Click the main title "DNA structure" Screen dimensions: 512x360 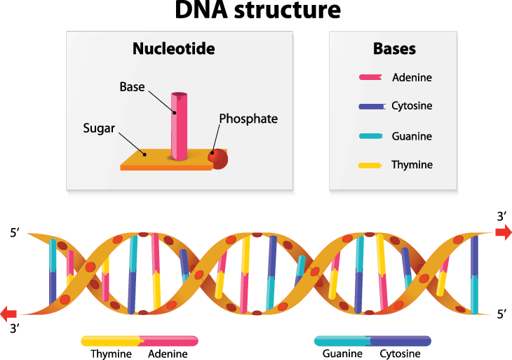pyautogui.click(x=258, y=9)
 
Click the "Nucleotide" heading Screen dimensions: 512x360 pyautogui.click(x=174, y=48)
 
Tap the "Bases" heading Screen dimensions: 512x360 pyautogui.click(x=394, y=48)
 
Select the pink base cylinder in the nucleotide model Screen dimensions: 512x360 pyautogui.click(x=180, y=126)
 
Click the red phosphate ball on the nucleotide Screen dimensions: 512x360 pyautogui.click(x=218, y=159)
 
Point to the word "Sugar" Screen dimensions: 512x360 pyautogui.click(x=99, y=128)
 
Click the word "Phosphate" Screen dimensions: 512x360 pyautogui.click(x=248, y=119)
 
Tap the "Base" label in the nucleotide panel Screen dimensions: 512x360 pyautogui.click(x=132, y=87)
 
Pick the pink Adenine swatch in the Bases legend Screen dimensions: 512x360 pyautogui.click(x=370, y=77)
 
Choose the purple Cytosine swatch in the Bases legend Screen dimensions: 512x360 pyautogui.click(x=372, y=107)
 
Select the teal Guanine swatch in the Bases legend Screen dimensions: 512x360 pyautogui.click(x=371, y=136)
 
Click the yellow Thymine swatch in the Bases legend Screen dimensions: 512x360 pyautogui.click(x=370, y=166)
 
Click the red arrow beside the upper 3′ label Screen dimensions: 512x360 pyautogui.click(x=504, y=232)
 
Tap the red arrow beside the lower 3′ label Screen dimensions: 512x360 pyautogui.click(x=8, y=314)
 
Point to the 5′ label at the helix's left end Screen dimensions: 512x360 pyautogui.click(x=15, y=233)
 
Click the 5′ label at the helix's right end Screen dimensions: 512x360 pyautogui.click(x=502, y=314)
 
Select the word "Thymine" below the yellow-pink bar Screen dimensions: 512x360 pyautogui.click(x=111, y=354)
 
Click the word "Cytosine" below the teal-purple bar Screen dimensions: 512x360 pyautogui.click(x=400, y=354)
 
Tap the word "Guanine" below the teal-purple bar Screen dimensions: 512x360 pyautogui.click(x=342, y=354)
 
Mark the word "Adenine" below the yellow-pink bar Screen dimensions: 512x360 pyautogui.click(x=168, y=354)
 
